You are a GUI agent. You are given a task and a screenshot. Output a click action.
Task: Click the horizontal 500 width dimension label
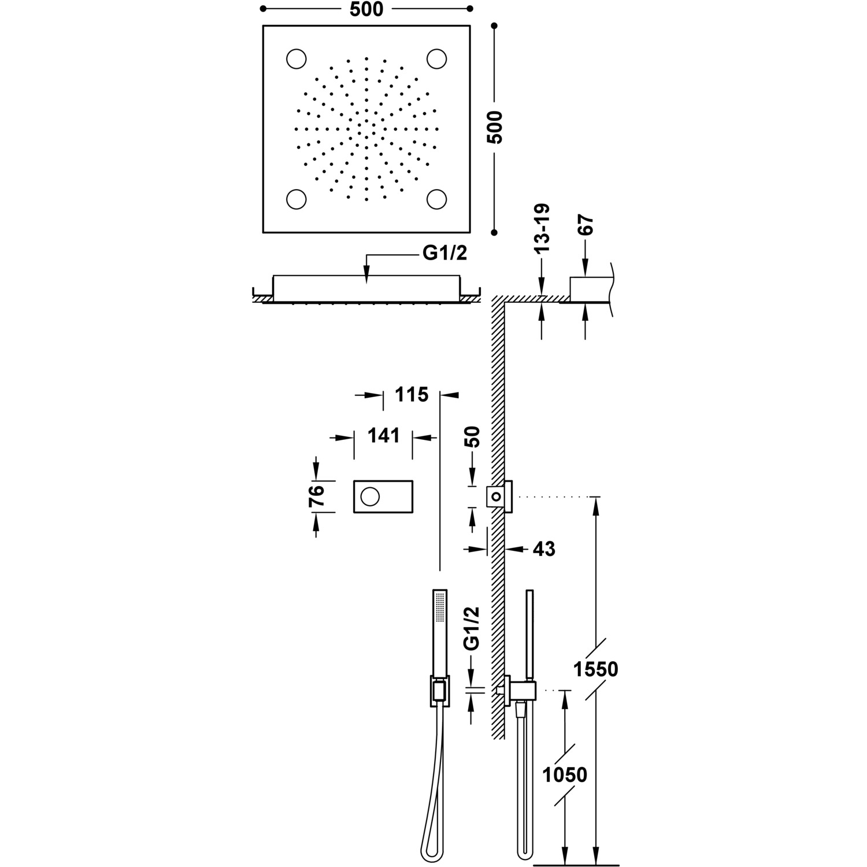[x=366, y=10]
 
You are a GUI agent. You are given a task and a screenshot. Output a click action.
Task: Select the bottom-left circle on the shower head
[x=297, y=198]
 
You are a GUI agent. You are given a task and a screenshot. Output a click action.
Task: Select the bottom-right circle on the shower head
[x=437, y=198]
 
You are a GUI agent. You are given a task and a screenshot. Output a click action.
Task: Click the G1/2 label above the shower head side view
[x=444, y=254]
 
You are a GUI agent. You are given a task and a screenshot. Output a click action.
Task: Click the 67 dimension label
[x=586, y=225]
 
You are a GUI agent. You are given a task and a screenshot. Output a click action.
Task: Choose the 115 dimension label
[x=412, y=395]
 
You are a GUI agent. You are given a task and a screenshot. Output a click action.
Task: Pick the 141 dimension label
[x=383, y=435]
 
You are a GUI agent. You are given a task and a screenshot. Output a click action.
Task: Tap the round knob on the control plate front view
[x=369, y=496]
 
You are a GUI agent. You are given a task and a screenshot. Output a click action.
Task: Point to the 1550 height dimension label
[x=595, y=669]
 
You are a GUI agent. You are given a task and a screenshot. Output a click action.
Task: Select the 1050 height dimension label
[x=564, y=775]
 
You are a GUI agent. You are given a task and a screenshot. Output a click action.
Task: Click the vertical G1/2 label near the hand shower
[x=473, y=629]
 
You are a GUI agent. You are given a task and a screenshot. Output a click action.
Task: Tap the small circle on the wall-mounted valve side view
[x=496, y=496]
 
